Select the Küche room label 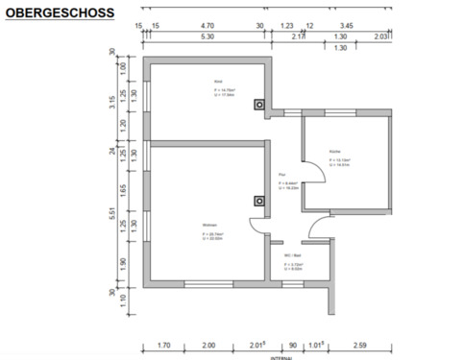pos(334,152)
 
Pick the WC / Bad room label pos(291,255)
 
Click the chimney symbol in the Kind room pos(258,105)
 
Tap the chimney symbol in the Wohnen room pos(258,202)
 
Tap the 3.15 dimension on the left pos(113,103)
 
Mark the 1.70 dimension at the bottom pos(163,344)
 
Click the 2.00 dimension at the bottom pos(208,344)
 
